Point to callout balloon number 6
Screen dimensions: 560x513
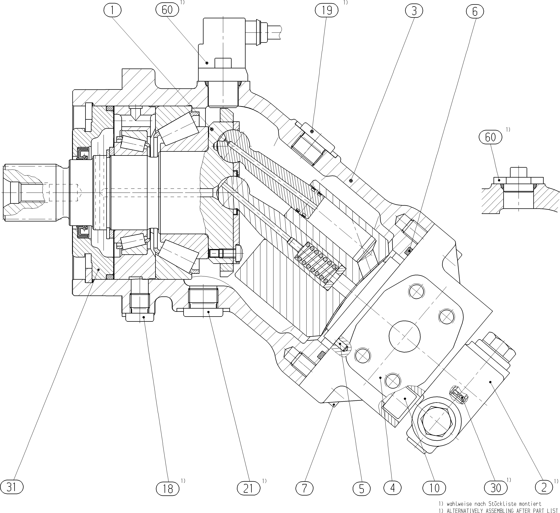coord(475,12)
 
